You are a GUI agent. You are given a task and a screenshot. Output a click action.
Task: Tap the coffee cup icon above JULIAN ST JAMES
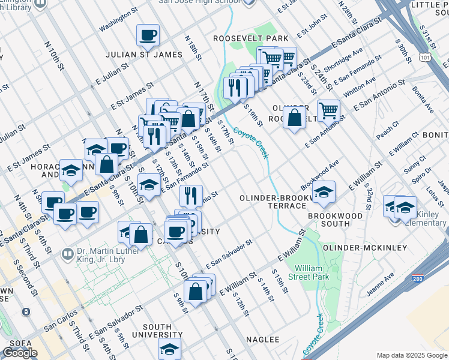pos(148,35)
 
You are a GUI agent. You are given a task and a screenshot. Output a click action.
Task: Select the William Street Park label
pos(312,272)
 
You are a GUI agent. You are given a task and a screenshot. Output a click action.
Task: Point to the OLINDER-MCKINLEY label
pos(356,248)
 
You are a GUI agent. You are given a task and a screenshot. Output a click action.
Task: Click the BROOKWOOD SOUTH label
pos(336,220)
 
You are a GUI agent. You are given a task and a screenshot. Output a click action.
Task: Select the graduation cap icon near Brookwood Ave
pos(324,191)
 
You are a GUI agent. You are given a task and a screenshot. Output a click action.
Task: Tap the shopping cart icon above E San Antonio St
pos(328,110)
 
